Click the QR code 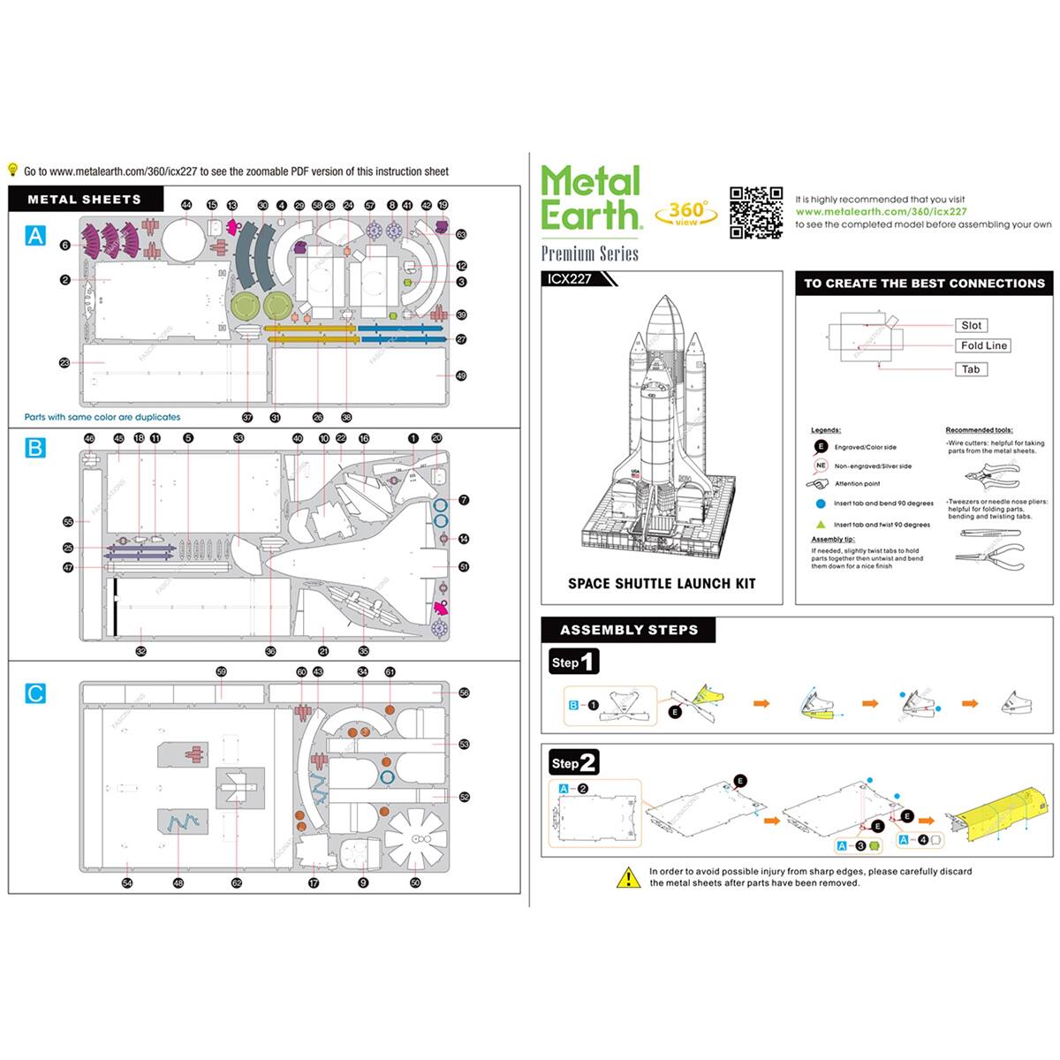pyautogui.click(x=756, y=212)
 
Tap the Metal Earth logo pyautogui.click(x=590, y=199)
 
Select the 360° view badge pyautogui.click(x=686, y=212)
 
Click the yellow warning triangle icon pyautogui.click(x=628, y=877)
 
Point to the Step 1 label pyautogui.click(x=573, y=662)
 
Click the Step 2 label pyautogui.click(x=573, y=763)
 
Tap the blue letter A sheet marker pyautogui.click(x=34, y=235)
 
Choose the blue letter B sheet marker pyautogui.click(x=34, y=447)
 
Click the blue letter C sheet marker pyautogui.click(x=34, y=693)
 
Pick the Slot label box pyautogui.click(x=971, y=325)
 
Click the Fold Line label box pyautogui.click(x=983, y=345)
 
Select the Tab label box pyautogui.click(x=971, y=369)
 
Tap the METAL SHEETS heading pyautogui.click(x=84, y=200)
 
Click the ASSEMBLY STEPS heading pyautogui.click(x=628, y=630)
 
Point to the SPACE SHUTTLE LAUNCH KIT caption pyautogui.click(x=662, y=583)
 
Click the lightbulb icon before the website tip pyautogui.click(x=13, y=170)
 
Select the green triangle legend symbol pyautogui.click(x=821, y=524)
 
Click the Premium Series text pyautogui.click(x=589, y=254)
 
